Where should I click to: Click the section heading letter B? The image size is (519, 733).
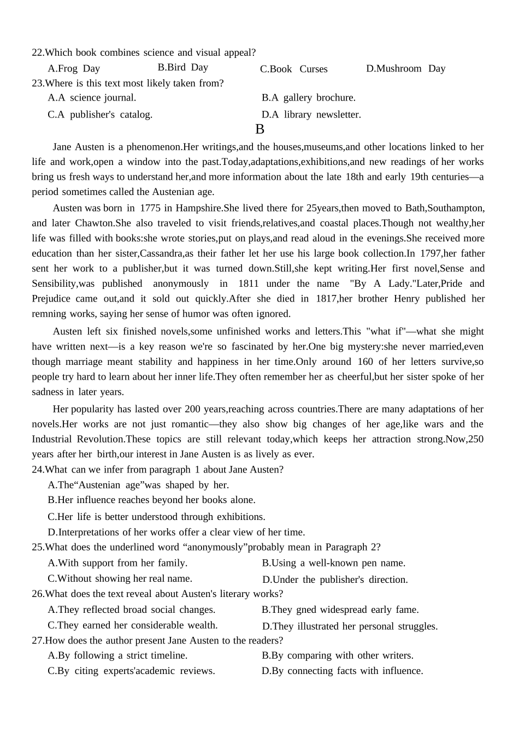[x=259, y=129]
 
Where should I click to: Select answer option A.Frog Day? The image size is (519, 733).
[x=74, y=69]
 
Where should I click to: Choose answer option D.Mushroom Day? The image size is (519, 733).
[x=405, y=69]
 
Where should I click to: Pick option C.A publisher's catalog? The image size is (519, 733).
[x=100, y=115]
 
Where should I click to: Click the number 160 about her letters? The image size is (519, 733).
[x=365, y=362]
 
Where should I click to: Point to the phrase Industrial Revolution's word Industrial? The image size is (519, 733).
[x=52, y=439]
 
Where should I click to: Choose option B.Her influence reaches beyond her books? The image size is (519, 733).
[x=151, y=500]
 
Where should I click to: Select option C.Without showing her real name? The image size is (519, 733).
[x=120, y=578]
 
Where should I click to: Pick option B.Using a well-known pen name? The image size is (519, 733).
[x=333, y=563]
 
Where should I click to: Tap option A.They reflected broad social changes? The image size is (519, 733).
[x=131, y=610]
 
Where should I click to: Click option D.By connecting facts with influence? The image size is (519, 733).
[x=342, y=671]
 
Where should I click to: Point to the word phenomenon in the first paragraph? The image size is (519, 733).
[x=154, y=147]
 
